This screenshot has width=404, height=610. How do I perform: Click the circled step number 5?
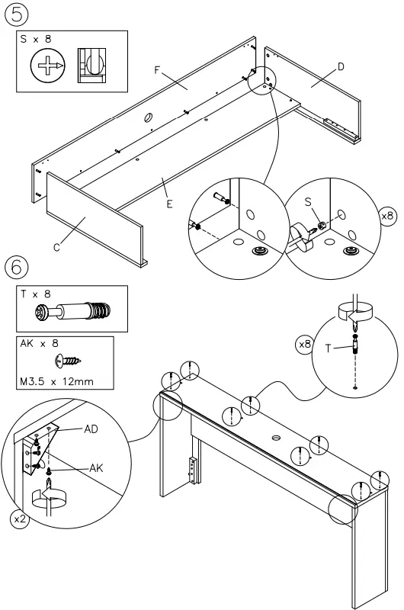tap(18, 14)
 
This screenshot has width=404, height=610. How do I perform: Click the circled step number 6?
tap(18, 267)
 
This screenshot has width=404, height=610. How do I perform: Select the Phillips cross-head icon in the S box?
tap(47, 67)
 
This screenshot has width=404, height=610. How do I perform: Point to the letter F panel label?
tap(157, 70)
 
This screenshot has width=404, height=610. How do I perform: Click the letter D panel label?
tap(340, 67)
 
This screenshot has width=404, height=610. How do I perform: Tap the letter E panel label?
tap(169, 204)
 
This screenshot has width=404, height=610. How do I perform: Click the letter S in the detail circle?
tap(309, 201)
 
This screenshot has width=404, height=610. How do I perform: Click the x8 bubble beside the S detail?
tap(388, 216)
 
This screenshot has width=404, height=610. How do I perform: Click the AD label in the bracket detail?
tap(91, 429)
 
